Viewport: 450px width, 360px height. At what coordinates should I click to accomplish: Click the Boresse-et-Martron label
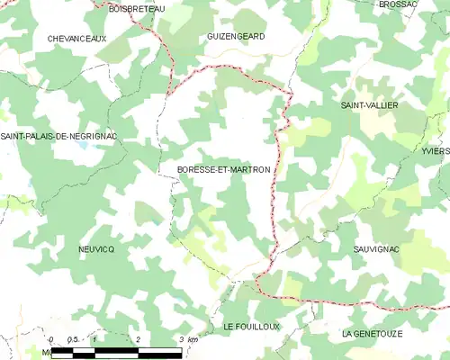tap(218, 169)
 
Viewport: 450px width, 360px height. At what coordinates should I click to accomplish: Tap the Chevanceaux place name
tap(77, 39)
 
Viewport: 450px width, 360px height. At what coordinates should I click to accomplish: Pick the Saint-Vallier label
tap(369, 105)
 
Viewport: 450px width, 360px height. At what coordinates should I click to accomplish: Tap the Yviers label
tap(435, 151)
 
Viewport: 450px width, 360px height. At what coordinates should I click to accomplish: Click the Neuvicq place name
tap(96, 248)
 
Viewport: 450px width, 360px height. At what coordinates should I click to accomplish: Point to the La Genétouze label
tap(371, 334)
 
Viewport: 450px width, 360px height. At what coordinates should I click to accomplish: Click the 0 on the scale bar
tap(51, 339)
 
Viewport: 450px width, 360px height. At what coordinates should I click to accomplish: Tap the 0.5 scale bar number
tap(73, 339)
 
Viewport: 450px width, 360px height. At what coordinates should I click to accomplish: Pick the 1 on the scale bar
tap(95, 339)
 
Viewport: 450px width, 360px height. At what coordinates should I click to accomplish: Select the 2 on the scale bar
tap(139, 339)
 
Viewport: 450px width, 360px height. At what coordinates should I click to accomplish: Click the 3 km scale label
tap(186, 339)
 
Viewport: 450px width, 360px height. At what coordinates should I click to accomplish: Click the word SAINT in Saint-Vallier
tap(352, 105)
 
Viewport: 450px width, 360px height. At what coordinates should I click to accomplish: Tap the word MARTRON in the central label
tap(247, 169)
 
